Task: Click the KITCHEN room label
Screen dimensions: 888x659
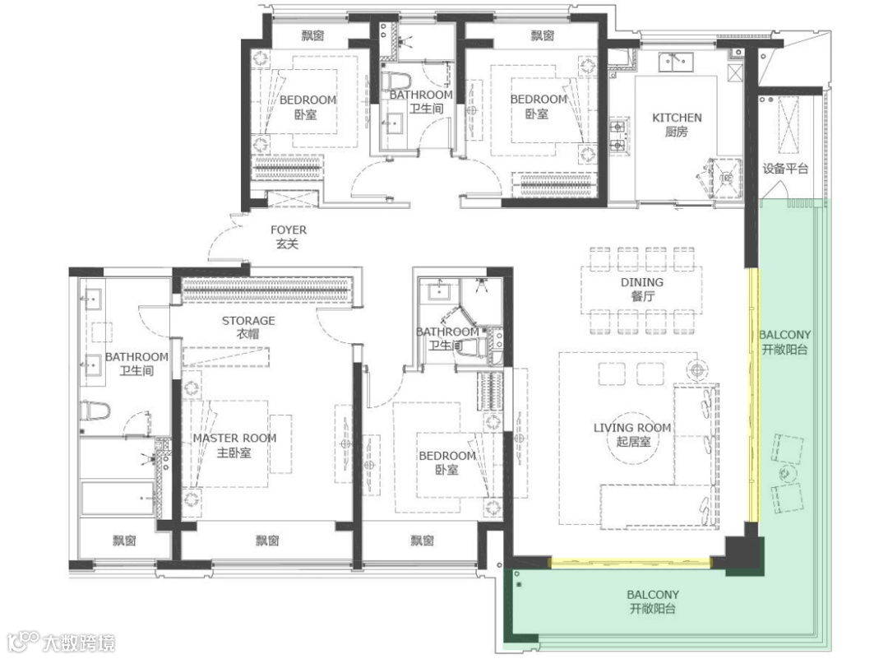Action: (677, 118)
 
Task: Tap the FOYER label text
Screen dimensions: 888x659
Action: (289, 230)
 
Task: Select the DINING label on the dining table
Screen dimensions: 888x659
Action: (641, 282)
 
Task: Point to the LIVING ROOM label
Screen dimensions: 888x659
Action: (632, 428)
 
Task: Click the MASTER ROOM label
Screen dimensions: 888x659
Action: (234, 438)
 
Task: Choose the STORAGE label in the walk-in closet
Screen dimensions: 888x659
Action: (248, 321)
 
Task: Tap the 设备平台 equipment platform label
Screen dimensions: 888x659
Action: (785, 169)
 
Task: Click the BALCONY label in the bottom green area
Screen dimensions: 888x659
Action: (652, 595)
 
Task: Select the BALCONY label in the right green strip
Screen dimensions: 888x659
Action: (784, 335)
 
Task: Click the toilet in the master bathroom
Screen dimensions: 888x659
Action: (95, 411)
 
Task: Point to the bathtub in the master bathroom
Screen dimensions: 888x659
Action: (118, 499)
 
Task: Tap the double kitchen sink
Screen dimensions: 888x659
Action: (676, 62)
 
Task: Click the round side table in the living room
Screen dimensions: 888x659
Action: (697, 370)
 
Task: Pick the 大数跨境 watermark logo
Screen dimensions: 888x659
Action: (62, 642)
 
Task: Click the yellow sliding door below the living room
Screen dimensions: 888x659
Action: (631, 563)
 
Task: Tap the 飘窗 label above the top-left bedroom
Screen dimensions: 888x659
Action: (312, 35)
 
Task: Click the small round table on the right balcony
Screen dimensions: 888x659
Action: (786, 473)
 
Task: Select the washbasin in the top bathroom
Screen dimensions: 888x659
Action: (393, 123)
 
